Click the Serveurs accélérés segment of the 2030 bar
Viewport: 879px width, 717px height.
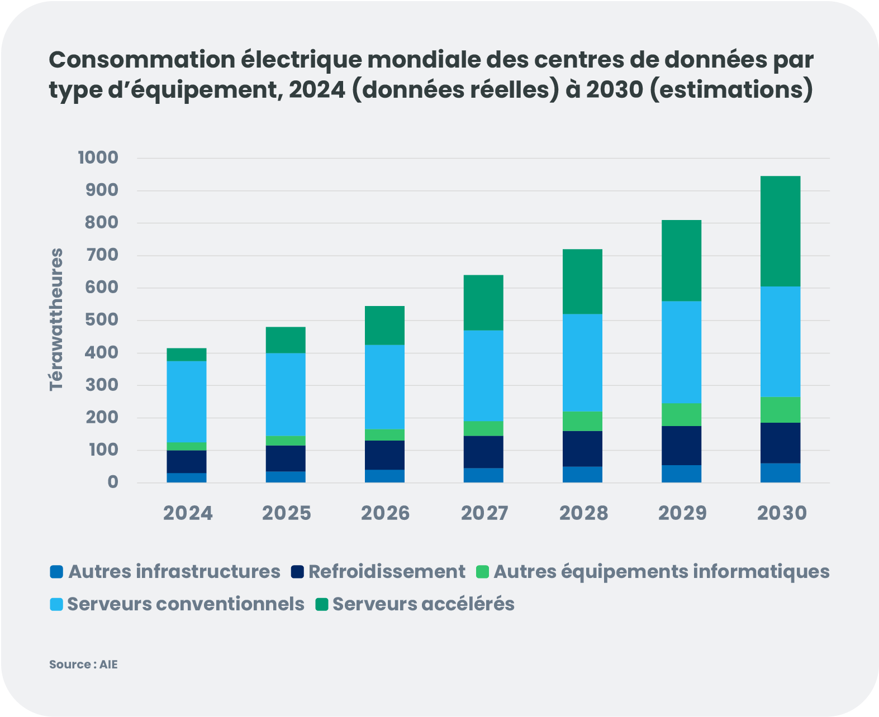point(780,231)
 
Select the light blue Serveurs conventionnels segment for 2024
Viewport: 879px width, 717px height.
point(187,401)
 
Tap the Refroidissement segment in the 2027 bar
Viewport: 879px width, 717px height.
point(483,452)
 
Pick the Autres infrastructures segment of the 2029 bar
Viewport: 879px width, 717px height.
point(681,474)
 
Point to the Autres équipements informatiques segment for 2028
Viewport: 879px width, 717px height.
point(582,421)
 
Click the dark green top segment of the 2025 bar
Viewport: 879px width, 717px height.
point(286,340)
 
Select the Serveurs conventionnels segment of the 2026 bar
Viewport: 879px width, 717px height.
point(384,386)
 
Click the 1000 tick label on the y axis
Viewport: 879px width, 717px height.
point(98,157)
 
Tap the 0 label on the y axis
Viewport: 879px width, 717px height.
point(113,482)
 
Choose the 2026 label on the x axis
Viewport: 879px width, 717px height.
point(385,513)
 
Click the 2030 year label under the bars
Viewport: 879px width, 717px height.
point(781,513)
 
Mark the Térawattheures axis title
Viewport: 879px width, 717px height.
point(56,319)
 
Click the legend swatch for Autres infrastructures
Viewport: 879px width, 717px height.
point(56,572)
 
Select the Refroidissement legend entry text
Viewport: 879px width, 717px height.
point(386,572)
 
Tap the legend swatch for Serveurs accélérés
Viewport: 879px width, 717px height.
point(321,604)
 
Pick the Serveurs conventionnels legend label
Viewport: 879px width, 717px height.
point(186,604)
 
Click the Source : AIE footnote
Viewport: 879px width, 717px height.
point(83,665)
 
